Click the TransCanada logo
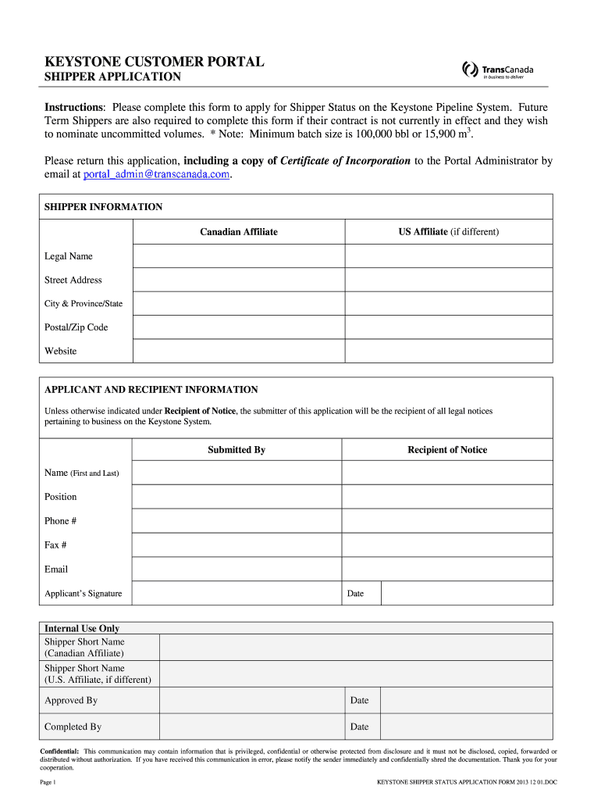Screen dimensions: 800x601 498,70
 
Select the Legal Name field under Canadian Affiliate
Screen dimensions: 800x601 238,256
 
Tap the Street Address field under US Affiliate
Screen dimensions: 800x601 449,280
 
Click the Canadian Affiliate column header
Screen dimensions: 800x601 238,232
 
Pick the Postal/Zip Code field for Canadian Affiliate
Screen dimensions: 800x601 238,327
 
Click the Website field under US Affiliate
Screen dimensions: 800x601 449,351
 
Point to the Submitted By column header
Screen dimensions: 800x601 236,450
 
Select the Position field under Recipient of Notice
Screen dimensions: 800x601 447,497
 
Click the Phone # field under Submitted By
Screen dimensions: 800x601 236,521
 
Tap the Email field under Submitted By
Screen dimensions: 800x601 236,570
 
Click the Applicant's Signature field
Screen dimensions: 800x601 236,594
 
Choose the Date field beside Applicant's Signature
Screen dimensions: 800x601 467,594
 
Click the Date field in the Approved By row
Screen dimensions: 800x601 467,701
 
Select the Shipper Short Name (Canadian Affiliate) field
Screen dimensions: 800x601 355,648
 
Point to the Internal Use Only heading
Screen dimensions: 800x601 82,628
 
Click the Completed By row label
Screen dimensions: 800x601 73,727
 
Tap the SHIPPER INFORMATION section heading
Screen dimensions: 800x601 103,207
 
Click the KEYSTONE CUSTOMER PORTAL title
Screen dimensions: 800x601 154,61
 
